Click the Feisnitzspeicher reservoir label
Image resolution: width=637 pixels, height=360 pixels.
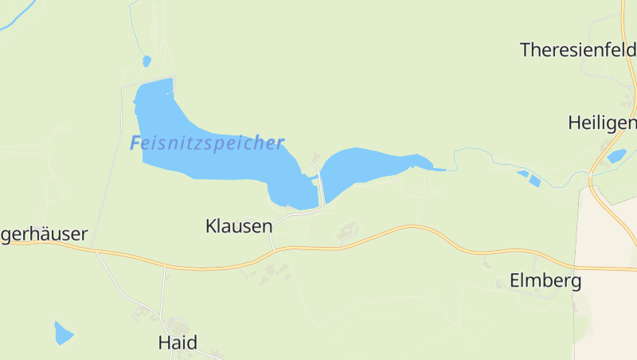[206, 143]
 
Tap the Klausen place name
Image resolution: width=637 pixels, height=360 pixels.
[239, 225]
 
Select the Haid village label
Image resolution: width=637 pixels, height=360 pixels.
[178, 343]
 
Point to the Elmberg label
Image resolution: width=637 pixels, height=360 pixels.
[545, 281]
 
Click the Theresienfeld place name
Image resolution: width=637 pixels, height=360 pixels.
[577, 50]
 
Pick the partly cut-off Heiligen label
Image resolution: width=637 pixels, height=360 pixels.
[602, 123]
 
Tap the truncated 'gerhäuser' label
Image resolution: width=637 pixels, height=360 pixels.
[44, 235]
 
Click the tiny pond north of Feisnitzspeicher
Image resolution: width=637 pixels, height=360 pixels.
[146, 61]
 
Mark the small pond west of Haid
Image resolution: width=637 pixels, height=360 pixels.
[63, 333]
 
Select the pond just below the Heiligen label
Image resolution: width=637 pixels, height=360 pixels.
[616, 156]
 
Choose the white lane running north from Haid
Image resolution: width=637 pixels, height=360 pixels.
[164, 291]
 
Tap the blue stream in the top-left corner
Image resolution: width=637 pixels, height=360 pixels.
[16, 20]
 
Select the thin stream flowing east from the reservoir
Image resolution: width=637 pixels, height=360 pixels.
[478, 159]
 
